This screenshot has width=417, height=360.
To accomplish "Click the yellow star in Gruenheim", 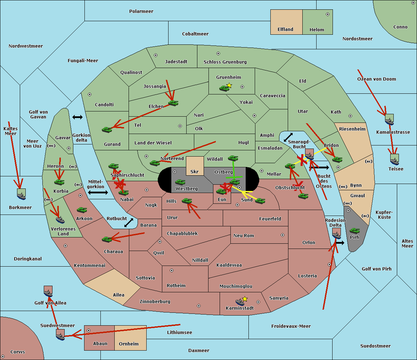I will (229, 85).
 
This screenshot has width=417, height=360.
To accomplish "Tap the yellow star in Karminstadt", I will (245, 299).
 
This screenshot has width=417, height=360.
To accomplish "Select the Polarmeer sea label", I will (141, 11).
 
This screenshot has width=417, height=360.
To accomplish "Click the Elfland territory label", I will (285, 30).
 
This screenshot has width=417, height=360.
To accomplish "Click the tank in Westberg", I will (180, 182).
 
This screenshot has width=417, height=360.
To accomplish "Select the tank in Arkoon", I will (82, 210).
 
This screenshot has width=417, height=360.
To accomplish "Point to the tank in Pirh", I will (354, 231).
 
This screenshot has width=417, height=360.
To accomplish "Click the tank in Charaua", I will (107, 239).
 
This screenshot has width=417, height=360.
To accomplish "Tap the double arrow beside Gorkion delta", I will (77, 117).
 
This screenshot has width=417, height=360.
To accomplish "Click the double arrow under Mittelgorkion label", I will (98, 192).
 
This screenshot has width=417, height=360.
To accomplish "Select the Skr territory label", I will (194, 171).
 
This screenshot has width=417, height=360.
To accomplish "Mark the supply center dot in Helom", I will (327, 14).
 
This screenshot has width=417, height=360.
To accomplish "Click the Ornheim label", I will (129, 344).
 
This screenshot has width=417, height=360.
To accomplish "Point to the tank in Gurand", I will (107, 129).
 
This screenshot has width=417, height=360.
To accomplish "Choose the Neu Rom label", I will (244, 235).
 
